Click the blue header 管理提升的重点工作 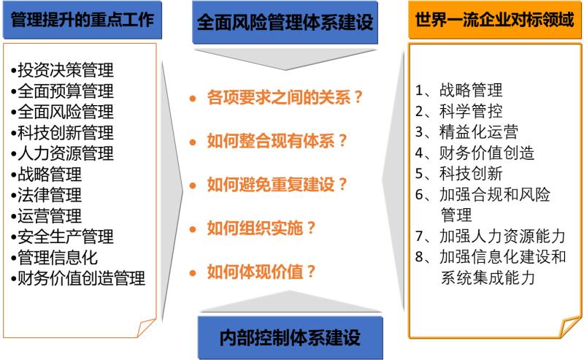(82, 20)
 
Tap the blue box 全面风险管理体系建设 (285, 23)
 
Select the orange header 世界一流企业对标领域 (495, 20)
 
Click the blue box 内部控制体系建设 (290, 337)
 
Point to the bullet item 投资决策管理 (62, 70)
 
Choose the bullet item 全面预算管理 (62, 91)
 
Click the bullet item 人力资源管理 (62, 153)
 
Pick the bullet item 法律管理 (46, 195)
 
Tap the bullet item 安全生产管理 (62, 237)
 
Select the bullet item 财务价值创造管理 (78, 278)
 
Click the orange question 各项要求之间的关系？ (285, 98)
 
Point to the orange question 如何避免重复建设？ (277, 185)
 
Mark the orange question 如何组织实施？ (261, 228)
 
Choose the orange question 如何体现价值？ (261, 272)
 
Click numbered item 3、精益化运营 (466, 132)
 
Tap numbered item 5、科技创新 (459, 174)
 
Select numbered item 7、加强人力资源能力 (490, 237)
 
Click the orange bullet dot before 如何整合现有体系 (193, 142)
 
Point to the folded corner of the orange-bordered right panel (571, 327)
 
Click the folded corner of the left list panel (147, 328)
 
